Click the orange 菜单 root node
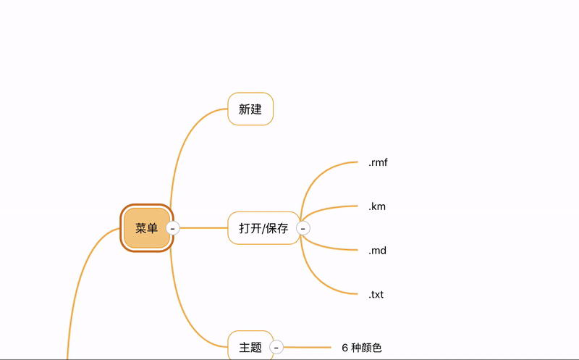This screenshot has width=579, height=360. pos(146,228)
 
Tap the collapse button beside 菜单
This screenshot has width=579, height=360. pos(172,228)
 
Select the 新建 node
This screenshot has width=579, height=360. pos(250,109)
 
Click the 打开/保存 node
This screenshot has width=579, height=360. pos(263,228)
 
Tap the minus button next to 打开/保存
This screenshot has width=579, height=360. pos(303,228)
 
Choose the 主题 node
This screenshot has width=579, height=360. pos(250,347)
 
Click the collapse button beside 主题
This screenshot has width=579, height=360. pos(276,347)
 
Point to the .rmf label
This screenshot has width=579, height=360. pos(378,162)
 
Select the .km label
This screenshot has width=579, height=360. pos(377,206)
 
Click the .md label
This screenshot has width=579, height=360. pos(377,251)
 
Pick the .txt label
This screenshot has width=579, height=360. pos(376,295)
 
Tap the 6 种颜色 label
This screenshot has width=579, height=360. pos(362,348)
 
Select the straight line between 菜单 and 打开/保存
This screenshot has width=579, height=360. pos(203,228)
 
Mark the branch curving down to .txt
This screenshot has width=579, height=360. pos(318,280)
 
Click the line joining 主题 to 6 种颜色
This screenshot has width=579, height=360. pos(308,348)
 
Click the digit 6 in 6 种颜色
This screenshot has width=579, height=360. pos(345,348)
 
